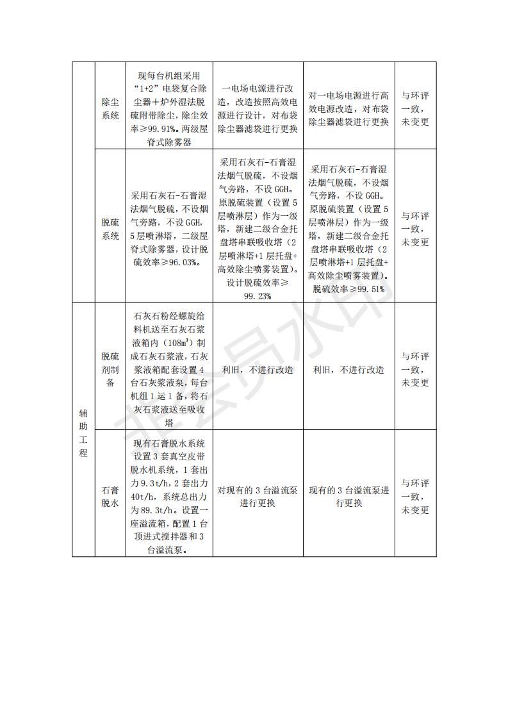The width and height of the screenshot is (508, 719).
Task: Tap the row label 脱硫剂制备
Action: (110, 370)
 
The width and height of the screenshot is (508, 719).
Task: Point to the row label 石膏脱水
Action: (110, 497)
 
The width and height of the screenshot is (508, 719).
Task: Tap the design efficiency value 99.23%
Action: (258, 295)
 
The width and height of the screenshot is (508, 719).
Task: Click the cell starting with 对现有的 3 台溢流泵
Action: (258, 497)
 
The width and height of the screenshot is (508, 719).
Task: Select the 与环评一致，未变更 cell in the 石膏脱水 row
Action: (415, 497)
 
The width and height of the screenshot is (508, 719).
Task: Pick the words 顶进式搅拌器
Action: (160, 538)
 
